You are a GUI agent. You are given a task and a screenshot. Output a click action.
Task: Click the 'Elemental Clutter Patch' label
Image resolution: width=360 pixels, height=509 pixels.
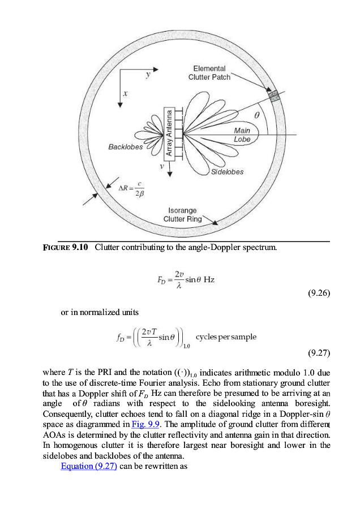[209, 73]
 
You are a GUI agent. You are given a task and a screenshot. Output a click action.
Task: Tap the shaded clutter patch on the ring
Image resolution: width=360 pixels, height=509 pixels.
[275, 95]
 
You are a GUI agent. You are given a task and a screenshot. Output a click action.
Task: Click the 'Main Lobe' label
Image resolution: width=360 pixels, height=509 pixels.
[242, 135]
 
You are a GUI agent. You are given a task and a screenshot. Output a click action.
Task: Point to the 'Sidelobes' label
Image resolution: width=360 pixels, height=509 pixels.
[227, 172]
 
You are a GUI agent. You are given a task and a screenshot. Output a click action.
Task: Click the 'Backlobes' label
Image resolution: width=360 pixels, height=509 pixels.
[126, 147]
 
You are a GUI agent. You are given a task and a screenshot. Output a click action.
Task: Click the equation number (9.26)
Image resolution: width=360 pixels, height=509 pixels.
[318, 293]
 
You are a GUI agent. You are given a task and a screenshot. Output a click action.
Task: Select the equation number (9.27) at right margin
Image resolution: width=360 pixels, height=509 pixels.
[318, 354]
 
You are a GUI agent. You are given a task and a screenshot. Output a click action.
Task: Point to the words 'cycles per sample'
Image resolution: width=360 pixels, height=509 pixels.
[230, 337]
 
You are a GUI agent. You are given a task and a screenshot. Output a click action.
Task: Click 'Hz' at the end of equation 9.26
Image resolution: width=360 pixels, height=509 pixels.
[209, 280]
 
